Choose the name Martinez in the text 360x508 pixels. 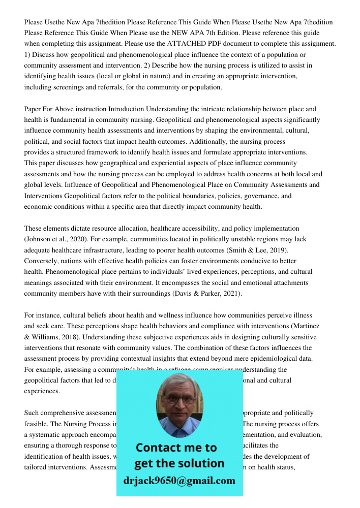303,326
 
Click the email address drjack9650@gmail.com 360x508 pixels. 179,480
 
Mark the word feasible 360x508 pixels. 37,424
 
